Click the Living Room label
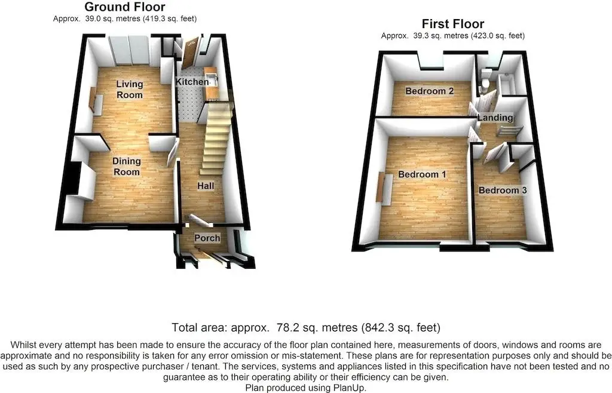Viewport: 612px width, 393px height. coord(130,89)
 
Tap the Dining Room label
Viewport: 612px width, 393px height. coord(127,167)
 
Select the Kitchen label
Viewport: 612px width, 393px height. coord(192,82)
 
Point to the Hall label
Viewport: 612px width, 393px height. coord(206,186)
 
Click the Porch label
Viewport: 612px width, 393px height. coord(207,238)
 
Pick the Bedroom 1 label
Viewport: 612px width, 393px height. coord(422,174)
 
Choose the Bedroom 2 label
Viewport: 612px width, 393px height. coord(429,91)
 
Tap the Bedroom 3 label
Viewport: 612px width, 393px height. coord(503,191)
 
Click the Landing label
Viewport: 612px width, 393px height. coord(495,118)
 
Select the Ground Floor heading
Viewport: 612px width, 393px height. coord(125,7)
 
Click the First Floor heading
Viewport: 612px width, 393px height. coord(453,24)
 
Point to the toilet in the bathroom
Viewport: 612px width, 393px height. coord(485,81)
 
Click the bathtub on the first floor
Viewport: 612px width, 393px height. coord(507,84)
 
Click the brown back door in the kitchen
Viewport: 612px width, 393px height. coord(190,53)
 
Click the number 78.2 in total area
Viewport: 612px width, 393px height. coord(285,327)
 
